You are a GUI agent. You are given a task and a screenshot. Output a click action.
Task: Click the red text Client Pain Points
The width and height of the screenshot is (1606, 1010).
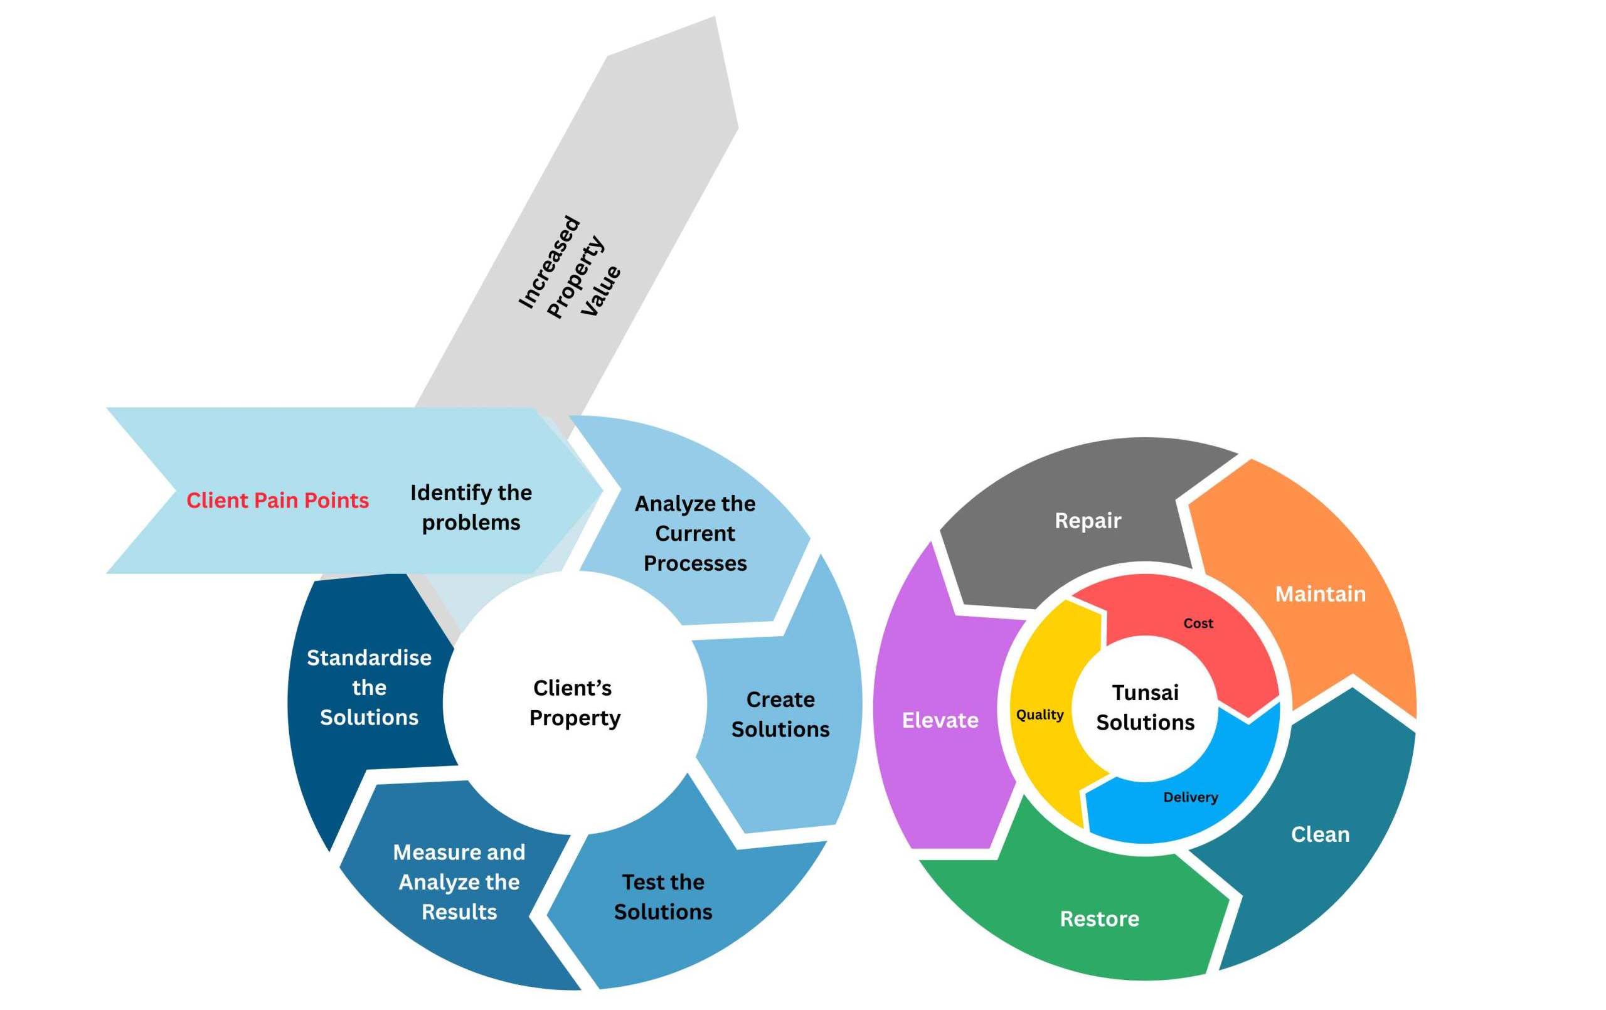[277, 501]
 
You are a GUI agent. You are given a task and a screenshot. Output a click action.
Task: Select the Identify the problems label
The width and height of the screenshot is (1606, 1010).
[471, 507]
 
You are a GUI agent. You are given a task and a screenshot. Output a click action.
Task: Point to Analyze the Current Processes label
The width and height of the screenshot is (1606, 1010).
[695, 533]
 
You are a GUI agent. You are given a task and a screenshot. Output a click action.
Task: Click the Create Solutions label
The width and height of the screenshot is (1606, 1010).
[780, 714]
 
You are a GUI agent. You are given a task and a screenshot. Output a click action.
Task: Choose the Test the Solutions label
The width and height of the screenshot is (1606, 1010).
[663, 896]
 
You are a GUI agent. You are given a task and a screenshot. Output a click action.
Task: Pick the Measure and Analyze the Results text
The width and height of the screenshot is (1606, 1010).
[459, 881]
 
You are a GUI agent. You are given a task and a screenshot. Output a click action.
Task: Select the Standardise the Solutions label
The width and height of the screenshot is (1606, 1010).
[369, 687]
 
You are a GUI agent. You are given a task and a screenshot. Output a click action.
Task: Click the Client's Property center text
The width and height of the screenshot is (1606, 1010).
[574, 703]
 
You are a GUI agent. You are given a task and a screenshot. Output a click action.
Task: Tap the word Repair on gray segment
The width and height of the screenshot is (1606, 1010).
[1088, 520]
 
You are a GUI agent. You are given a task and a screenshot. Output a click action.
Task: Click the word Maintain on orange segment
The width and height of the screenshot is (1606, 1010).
[1320, 593]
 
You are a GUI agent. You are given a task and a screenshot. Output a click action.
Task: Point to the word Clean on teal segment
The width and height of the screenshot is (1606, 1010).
[1320, 834]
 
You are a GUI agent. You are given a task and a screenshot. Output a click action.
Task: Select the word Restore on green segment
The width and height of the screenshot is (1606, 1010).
[1099, 918]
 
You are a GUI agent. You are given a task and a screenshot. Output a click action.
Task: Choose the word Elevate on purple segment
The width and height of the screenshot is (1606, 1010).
[940, 720]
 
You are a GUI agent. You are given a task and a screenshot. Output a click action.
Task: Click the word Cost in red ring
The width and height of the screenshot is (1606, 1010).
[1198, 623]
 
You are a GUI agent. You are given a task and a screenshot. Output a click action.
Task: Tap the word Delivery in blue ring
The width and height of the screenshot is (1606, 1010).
[1191, 797]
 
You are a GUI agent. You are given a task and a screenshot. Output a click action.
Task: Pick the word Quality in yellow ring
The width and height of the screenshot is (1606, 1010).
[1040, 715]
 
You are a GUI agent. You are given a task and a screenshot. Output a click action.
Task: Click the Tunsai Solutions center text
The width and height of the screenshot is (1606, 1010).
[1145, 707]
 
